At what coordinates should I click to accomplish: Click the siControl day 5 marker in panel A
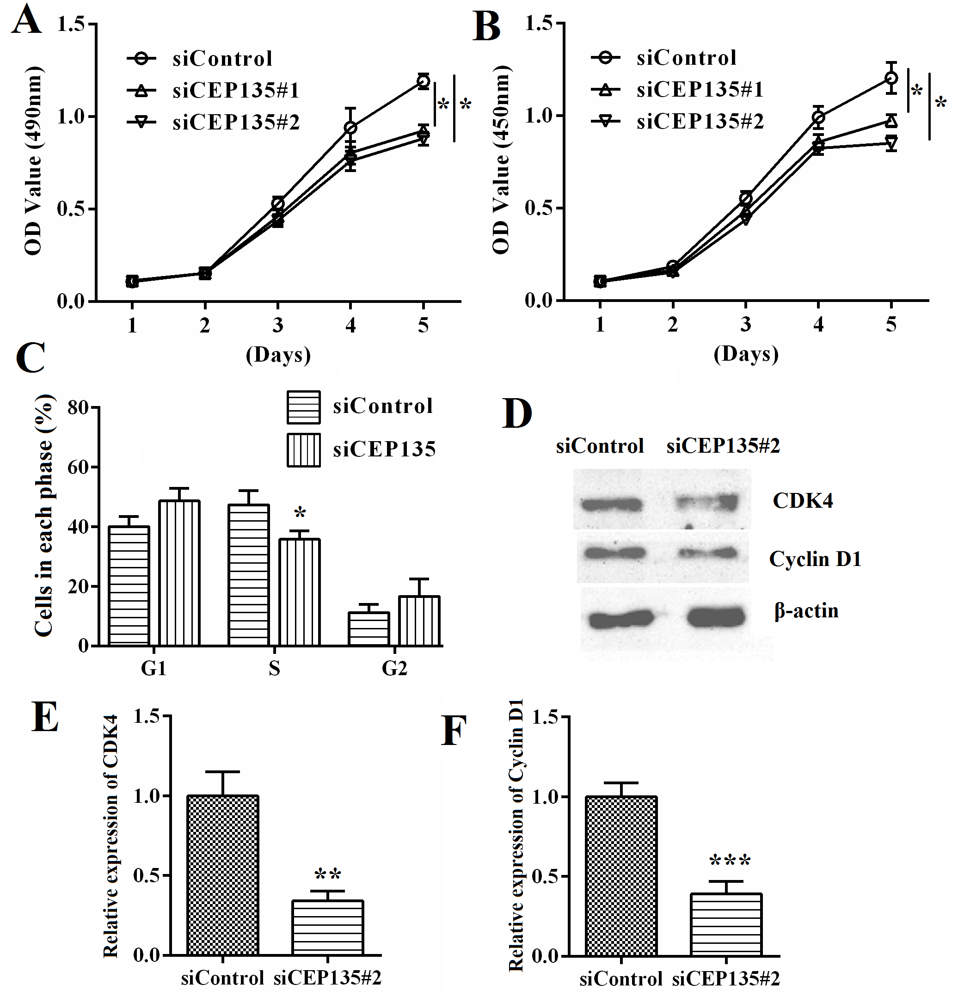point(423,81)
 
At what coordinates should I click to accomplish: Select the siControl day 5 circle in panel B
point(891,78)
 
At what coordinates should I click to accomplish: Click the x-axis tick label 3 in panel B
point(745,324)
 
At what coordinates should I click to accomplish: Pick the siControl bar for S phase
point(249,575)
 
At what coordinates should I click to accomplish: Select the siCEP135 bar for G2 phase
point(419,621)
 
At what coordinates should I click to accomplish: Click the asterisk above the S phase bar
point(300,513)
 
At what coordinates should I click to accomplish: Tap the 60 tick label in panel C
point(78,467)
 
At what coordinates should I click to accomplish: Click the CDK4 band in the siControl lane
point(612,505)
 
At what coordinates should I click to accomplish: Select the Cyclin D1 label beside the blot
point(815,559)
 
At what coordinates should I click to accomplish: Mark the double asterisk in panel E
point(327,874)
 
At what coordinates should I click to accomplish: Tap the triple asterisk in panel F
point(730,861)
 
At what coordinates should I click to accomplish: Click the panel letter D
point(516,412)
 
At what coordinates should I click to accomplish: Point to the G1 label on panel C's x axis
point(154,668)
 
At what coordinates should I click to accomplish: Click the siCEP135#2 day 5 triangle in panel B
point(891,143)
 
